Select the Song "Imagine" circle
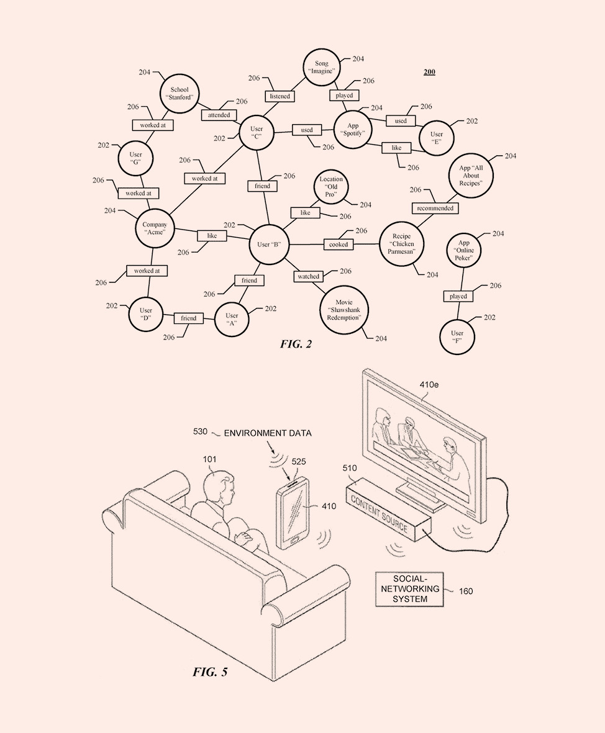tap(321, 67)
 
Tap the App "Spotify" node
tap(353, 129)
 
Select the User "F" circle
tap(457, 337)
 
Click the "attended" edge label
tap(218, 115)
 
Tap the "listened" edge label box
tap(280, 97)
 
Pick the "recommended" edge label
tap(435, 208)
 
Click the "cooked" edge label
tap(339, 245)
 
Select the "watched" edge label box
tap(308, 276)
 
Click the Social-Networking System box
tap(409, 588)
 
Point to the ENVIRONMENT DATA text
tap(268, 433)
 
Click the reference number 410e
tap(429, 385)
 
